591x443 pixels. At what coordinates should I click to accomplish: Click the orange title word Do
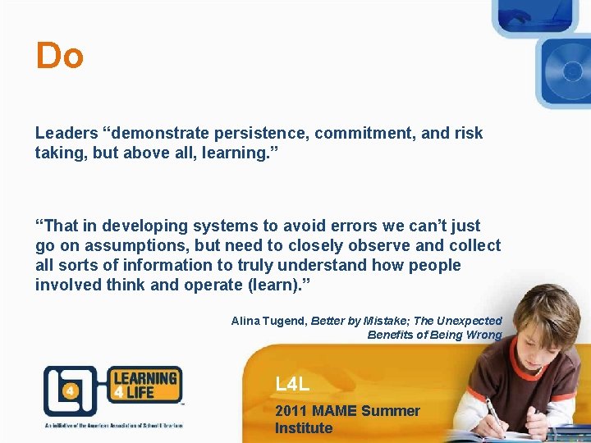[59, 57]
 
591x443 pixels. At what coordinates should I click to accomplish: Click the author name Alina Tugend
[268, 321]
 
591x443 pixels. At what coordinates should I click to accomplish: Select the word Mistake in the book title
[374, 321]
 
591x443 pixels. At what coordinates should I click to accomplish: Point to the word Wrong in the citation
[483, 335]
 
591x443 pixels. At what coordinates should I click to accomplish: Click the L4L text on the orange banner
[292, 383]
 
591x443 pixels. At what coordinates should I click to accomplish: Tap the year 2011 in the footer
[291, 411]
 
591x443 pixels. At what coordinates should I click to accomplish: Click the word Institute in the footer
[304, 428]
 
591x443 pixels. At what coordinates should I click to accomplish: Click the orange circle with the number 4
[70, 391]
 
